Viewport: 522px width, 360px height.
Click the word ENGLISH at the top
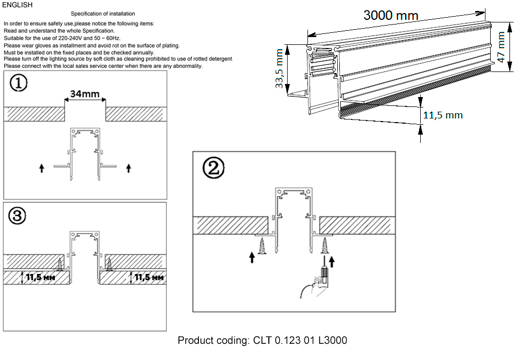[x=17, y=5]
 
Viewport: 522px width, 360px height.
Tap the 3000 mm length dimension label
[x=391, y=16]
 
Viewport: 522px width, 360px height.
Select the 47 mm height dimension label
[x=502, y=47]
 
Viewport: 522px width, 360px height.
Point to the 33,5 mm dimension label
[x=280, y=68]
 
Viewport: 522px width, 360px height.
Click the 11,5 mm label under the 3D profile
[x=442, y=115]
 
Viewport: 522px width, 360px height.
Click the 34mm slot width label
[x=85, y=94]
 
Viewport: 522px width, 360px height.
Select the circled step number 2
[x=215, y=167]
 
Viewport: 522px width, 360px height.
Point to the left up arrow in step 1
[x=42, y=167]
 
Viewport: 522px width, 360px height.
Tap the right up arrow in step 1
[x=129, y=167]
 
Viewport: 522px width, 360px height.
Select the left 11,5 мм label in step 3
[x=41, y=278]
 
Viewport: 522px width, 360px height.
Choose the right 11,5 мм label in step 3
[x=149, y=278]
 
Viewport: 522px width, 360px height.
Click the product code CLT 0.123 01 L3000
[x=262, y=341]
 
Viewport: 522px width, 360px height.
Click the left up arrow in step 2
[x=253, y=257]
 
